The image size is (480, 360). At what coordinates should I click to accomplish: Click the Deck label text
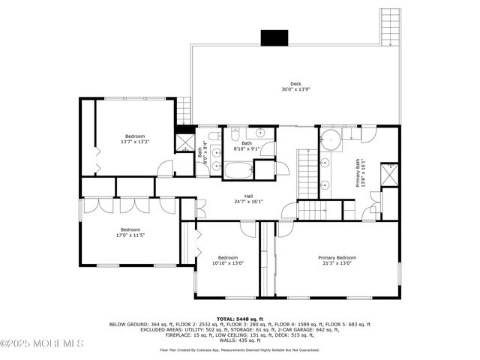click(296, 83)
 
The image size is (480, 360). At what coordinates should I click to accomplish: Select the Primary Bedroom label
click(337, 257)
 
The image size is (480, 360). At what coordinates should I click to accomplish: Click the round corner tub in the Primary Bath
click(331, 140)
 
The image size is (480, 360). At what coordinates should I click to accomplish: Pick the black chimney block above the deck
click(274, 37)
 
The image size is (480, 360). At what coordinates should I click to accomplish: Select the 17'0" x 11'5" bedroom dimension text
click(130, 235)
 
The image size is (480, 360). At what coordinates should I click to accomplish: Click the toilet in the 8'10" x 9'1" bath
click(235, 136)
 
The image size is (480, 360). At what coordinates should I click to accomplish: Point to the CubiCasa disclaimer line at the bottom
click(239, 349)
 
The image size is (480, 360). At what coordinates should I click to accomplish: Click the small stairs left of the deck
click(184, 112)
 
